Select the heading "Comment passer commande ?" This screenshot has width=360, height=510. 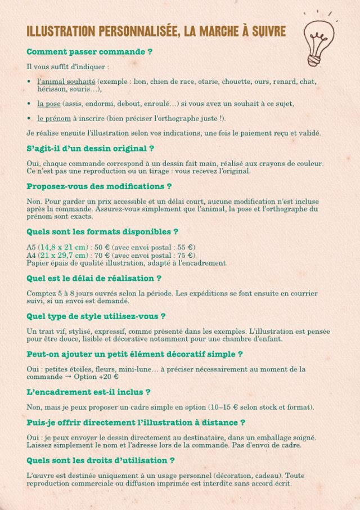pos(89,52)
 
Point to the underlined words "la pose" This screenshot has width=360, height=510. pos(49,104)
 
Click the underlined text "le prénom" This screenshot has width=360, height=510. pos(54,118)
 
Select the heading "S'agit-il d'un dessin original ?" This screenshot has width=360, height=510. pos(91,149)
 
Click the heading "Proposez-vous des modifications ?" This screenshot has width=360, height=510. pos(99,186)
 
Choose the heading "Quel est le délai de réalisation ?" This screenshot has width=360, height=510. pos(94,278)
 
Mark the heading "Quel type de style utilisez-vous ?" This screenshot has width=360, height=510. pos(96,316)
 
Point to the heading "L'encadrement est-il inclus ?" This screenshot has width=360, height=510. pos(88,392)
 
